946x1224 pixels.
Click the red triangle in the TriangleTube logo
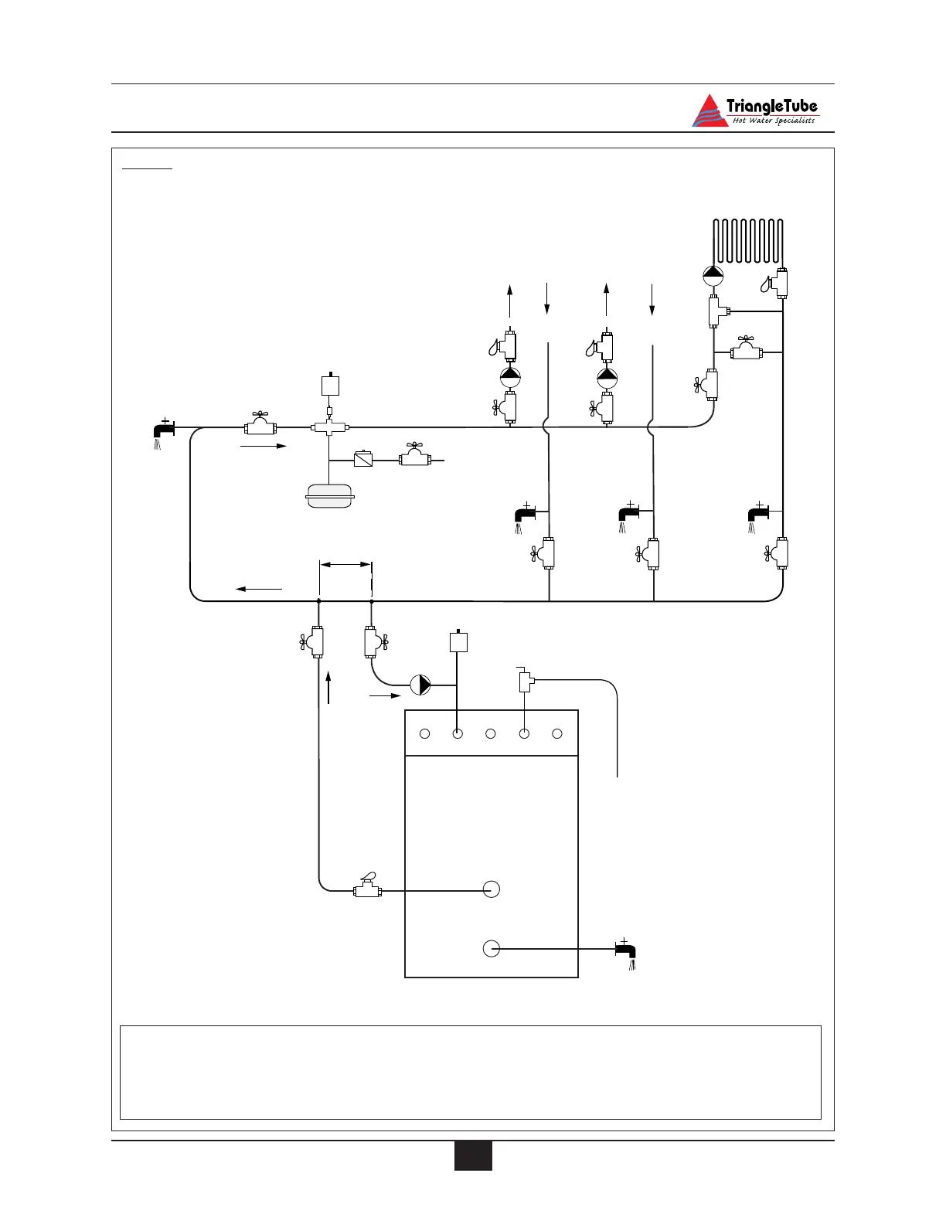pyautogui.click(x=709, y=111)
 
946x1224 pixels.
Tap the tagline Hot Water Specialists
pyautogui.click(x=773, y=121)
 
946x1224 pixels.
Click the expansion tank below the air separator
pyautogui.click(x=330, y=496)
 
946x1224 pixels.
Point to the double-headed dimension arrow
pyautogui.click(x=345, y=565)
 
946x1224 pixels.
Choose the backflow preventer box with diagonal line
pyautogui.click(x=362, y=459)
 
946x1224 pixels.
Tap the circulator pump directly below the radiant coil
pyautogui.click(x=713, y=274)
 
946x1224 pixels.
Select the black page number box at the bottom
pyautogui.click(x=473, y=1155)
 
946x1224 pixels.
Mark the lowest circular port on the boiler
pyautogui.click(x=491, y=948)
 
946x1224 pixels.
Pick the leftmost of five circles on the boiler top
pyautogui.click(x=424, y=733)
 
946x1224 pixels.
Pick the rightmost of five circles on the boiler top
pyautogui.click(x=557, y=733)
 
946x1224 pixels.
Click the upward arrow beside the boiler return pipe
pyautogui.click(x=329, y=687)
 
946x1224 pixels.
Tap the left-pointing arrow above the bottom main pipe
pyautogui.click(x=259, y=589)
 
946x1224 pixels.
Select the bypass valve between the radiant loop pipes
pyautogui.click(x=747, y=352)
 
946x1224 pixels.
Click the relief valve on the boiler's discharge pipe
pyautogui.click(x=526, y=682)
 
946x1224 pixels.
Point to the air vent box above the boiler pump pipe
pyautogui.click(x=458, y=642)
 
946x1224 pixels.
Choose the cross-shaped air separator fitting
pyautogui.click(x=330, y=427)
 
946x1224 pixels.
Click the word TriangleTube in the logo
pyautogui.click(x=771, y=107)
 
